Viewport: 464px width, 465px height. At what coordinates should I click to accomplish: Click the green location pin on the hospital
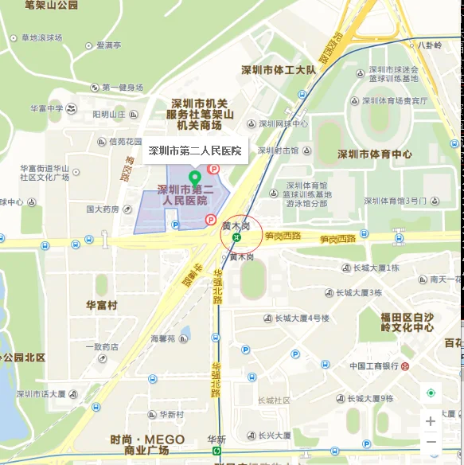coord(193,177)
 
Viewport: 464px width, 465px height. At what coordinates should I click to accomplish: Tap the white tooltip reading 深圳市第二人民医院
coord(195,150)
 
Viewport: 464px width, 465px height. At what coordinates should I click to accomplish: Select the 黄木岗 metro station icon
coord(236,237)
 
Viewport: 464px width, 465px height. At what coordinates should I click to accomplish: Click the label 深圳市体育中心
coord(374,154)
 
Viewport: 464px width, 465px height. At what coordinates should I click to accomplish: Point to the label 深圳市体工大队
coord(279,70)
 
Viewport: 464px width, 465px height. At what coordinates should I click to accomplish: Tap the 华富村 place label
coord(102,305)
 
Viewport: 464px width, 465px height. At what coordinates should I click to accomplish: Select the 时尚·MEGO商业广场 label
coord(147,445)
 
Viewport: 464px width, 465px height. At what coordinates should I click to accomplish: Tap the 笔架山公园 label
coord(51,5)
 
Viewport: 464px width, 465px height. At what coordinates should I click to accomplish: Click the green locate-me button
coord(431,393)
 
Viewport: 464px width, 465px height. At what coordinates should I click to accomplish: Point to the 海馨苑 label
coord(163,339)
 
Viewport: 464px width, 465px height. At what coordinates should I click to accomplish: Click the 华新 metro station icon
coord(217,451)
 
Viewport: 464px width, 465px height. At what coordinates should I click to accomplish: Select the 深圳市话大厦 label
coord(46,394)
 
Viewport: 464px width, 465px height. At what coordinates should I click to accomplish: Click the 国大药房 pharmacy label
coord(103,209)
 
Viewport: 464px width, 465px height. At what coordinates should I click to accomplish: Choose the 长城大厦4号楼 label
coord(303,318)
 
